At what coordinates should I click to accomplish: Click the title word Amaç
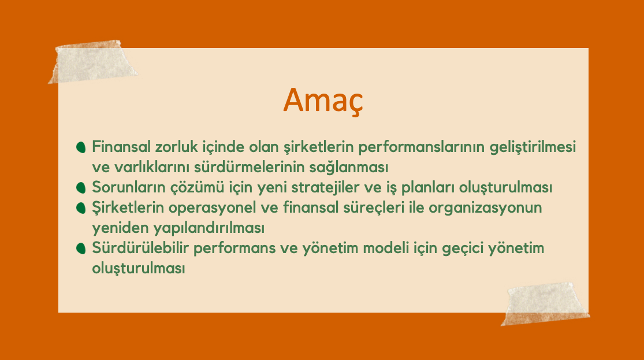click(x=323, y=101)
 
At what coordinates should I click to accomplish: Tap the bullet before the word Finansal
click(x=81, y=147)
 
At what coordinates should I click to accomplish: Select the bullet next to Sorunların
click(x=81, y=188)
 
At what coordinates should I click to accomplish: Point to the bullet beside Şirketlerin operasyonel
click(x=81, y=208)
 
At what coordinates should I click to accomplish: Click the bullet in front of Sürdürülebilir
click(x=81, y=248)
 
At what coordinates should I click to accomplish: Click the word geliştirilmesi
click(x=533, y=147)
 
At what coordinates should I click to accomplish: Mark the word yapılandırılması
click(x=209, y=228)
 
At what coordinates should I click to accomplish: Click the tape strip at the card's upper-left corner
click(x=93, y=62)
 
